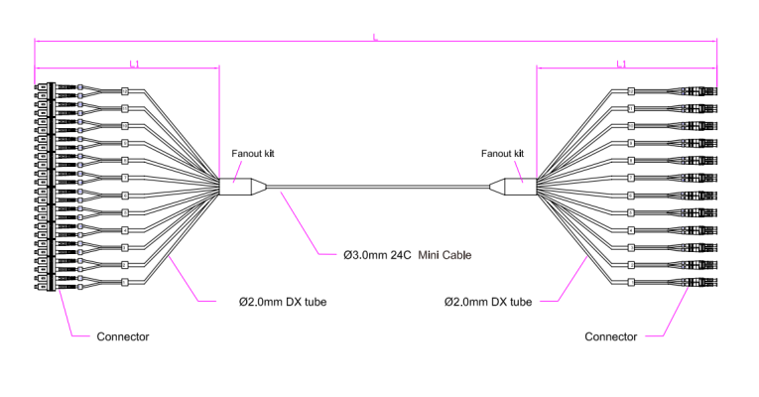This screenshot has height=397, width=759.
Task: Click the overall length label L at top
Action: (375, 38)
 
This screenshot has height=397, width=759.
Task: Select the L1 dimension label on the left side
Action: (135, 65)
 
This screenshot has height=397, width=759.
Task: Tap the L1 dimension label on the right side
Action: (621, 65)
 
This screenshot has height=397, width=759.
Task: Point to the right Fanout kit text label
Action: (503, 154)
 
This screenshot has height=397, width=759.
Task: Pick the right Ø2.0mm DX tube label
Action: (487, 300)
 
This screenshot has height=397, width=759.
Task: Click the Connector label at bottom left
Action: (122, 336)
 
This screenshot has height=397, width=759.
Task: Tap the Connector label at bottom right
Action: (610, 336)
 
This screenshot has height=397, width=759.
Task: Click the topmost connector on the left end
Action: (45, 88)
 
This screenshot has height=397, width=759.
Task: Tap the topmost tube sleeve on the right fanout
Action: (631, 93)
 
